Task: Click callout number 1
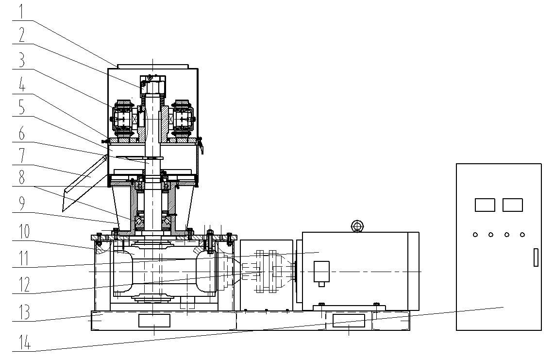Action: (x=21, y=11)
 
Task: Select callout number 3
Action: (x=22, y=60)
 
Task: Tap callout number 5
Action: (x=22, y=107)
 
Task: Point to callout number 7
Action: (x=22, y=156)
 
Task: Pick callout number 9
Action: (x=22, y=204)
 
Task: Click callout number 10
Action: (x=24, y=231)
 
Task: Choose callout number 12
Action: (x=24, y=284)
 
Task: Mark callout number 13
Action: (x=24, y=312)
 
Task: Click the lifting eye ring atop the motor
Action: (x=357, y=226)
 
